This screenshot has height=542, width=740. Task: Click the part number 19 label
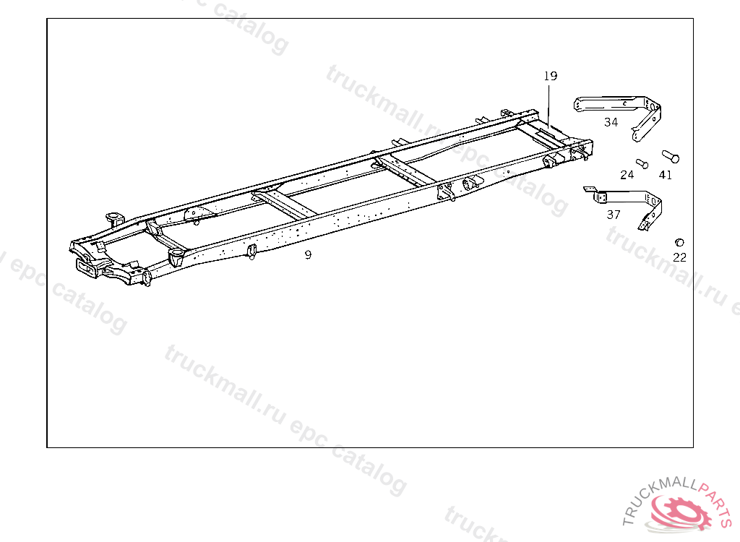tap(551, 76)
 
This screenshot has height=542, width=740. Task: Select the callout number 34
tap(611, 122)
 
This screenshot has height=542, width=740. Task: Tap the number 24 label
tap(627, 175)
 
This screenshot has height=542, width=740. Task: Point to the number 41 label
tap(666, 175)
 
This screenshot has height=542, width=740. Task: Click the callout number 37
tap(614, 215)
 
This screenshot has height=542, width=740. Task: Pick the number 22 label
tap(679, 257)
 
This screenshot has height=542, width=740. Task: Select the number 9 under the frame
tap(308, 254)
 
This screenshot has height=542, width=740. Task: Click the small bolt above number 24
tap(640, 163)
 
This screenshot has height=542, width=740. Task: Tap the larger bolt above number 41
tap(670, 155)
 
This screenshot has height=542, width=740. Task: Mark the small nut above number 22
tap(679, 241)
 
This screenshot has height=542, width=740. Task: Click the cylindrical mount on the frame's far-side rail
tap(112, 217)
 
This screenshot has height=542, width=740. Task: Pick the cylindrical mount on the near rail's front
tap(175, 256)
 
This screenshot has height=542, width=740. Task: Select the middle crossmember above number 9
tap(286, 203)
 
